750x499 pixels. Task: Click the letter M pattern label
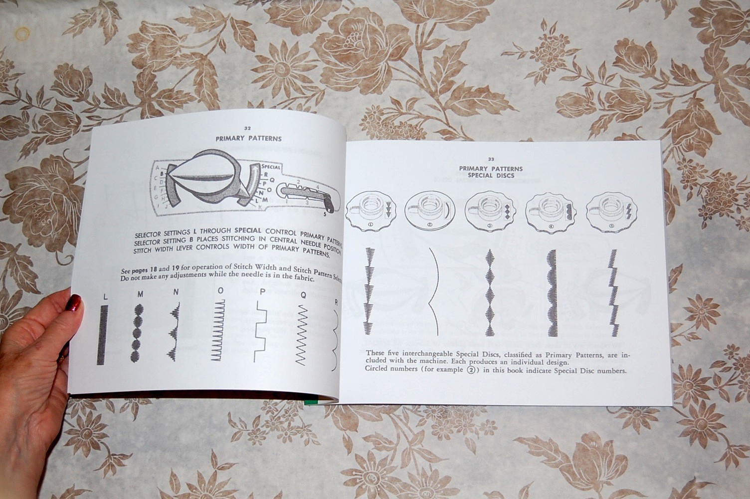pos(140,294)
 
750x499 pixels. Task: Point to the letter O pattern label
pos(220,290)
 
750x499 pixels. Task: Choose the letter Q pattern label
pos(303,294)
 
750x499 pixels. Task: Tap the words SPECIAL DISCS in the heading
pos(491,176)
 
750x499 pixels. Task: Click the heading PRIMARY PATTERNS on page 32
pos(248,139)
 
